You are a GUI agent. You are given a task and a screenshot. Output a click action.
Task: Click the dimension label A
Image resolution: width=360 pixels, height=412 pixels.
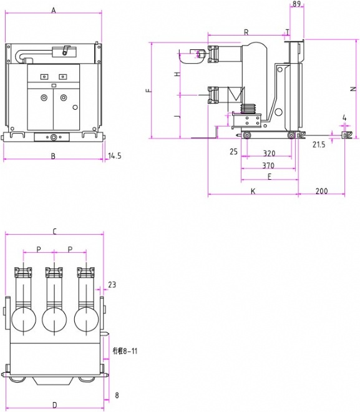pyautogui.click(x=54, y=10)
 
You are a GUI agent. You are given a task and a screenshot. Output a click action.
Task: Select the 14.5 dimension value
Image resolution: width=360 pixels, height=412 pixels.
pyautogui.click(x=115, y=156)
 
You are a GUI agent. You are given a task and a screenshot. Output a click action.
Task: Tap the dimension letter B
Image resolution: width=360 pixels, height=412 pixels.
pyautogui.click(x=53, y=156)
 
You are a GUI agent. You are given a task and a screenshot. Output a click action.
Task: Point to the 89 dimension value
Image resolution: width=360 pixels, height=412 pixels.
pyautogui.click(x=296, y=4)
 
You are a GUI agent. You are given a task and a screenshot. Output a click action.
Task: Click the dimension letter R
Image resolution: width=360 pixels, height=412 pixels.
pyautogui.click(x=246, y=32)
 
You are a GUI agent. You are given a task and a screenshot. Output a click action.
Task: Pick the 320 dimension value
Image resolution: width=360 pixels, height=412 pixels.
pyautogui.click(x=269, y=154)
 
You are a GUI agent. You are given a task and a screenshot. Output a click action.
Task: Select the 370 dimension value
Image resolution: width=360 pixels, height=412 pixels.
pyautogui.click(x=268, y=165)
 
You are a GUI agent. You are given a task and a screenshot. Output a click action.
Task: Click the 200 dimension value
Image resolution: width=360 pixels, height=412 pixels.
pyautogui.click(x=322, y=191)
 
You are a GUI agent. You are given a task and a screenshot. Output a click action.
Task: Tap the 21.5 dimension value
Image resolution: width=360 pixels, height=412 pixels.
pyautogui.click(x=319, y=144)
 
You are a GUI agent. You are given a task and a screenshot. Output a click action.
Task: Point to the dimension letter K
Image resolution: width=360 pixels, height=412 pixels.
pyautogui.click(x=253, y=191)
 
